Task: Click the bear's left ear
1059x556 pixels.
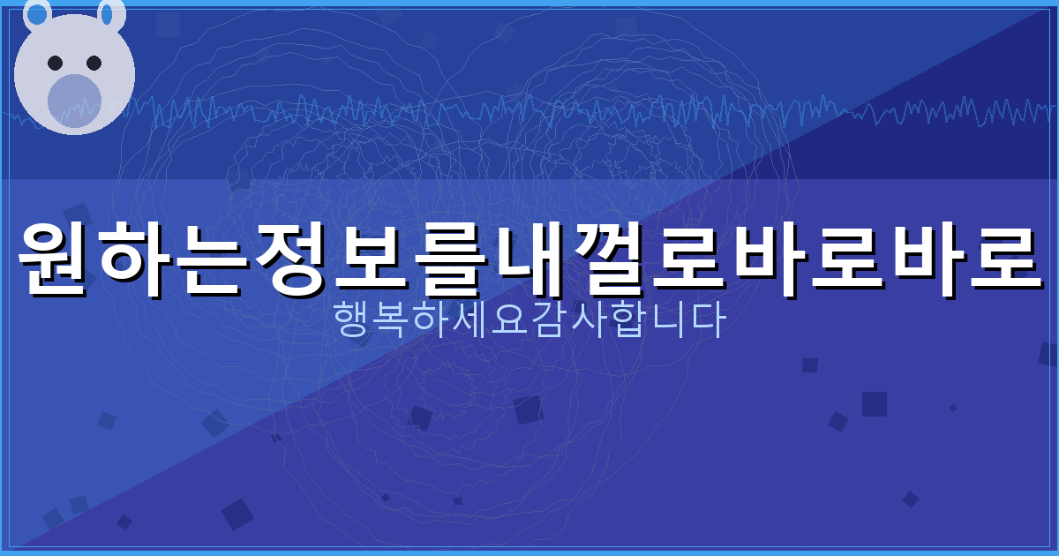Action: [37, 13]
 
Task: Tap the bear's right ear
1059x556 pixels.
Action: [109, 13]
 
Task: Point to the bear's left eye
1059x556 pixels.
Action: [55, 63]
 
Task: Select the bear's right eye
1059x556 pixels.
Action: [94, 63]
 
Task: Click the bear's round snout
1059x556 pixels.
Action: [74, 100]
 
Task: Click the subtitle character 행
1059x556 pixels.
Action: [354, 321]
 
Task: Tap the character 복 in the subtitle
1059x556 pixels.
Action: [393, 321]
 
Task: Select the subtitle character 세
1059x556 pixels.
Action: [471, 321]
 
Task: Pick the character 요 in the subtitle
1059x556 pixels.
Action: [510, 321]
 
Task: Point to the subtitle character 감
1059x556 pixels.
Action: [549, 321]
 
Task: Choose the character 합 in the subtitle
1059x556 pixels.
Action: [627, 321]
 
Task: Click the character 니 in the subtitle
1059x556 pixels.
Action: [666, 321]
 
